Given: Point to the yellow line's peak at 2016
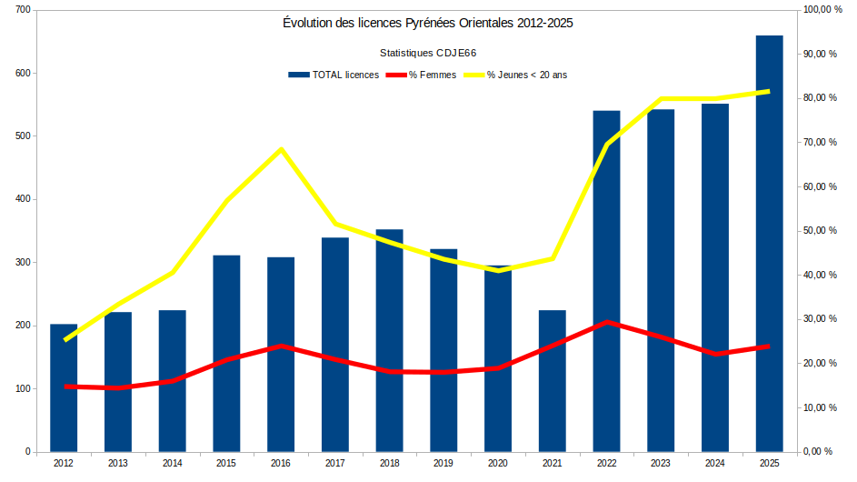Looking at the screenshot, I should [x=281, y=149].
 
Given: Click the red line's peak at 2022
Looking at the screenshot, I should [x=606, y=322].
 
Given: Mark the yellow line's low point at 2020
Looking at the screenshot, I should [x=498, y=270].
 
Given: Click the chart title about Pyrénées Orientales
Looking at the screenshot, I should [x=428, y=23].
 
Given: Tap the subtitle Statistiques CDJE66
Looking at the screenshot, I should [x=427, y=53].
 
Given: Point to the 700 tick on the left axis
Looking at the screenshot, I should [x=22, y=10].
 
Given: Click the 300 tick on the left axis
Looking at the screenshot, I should [x=22, y=263].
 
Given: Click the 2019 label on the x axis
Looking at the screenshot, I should [x=443, y=464].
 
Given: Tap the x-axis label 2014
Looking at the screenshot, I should [x=172, y=464].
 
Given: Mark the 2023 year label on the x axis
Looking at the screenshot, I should [x=661, y=464].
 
